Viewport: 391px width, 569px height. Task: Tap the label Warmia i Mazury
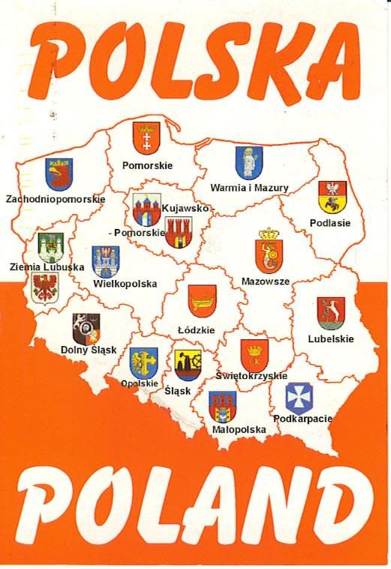pos(249,188)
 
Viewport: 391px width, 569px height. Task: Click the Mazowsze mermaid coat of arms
pos(269,251)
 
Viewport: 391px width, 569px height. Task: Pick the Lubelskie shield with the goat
pos(332,312)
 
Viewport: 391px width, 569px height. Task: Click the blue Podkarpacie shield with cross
pos(299,398)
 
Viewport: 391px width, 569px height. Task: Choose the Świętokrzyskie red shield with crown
pos(254,354)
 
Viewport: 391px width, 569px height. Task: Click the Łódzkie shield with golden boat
pos(201,301)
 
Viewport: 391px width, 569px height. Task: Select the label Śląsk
pos(178,391)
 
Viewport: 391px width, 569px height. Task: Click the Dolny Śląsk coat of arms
pos(85,327)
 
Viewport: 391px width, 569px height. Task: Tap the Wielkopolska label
pos(125,284)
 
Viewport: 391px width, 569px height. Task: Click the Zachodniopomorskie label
pos(55,200)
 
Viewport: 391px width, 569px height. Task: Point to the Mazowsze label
pos(265,281)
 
